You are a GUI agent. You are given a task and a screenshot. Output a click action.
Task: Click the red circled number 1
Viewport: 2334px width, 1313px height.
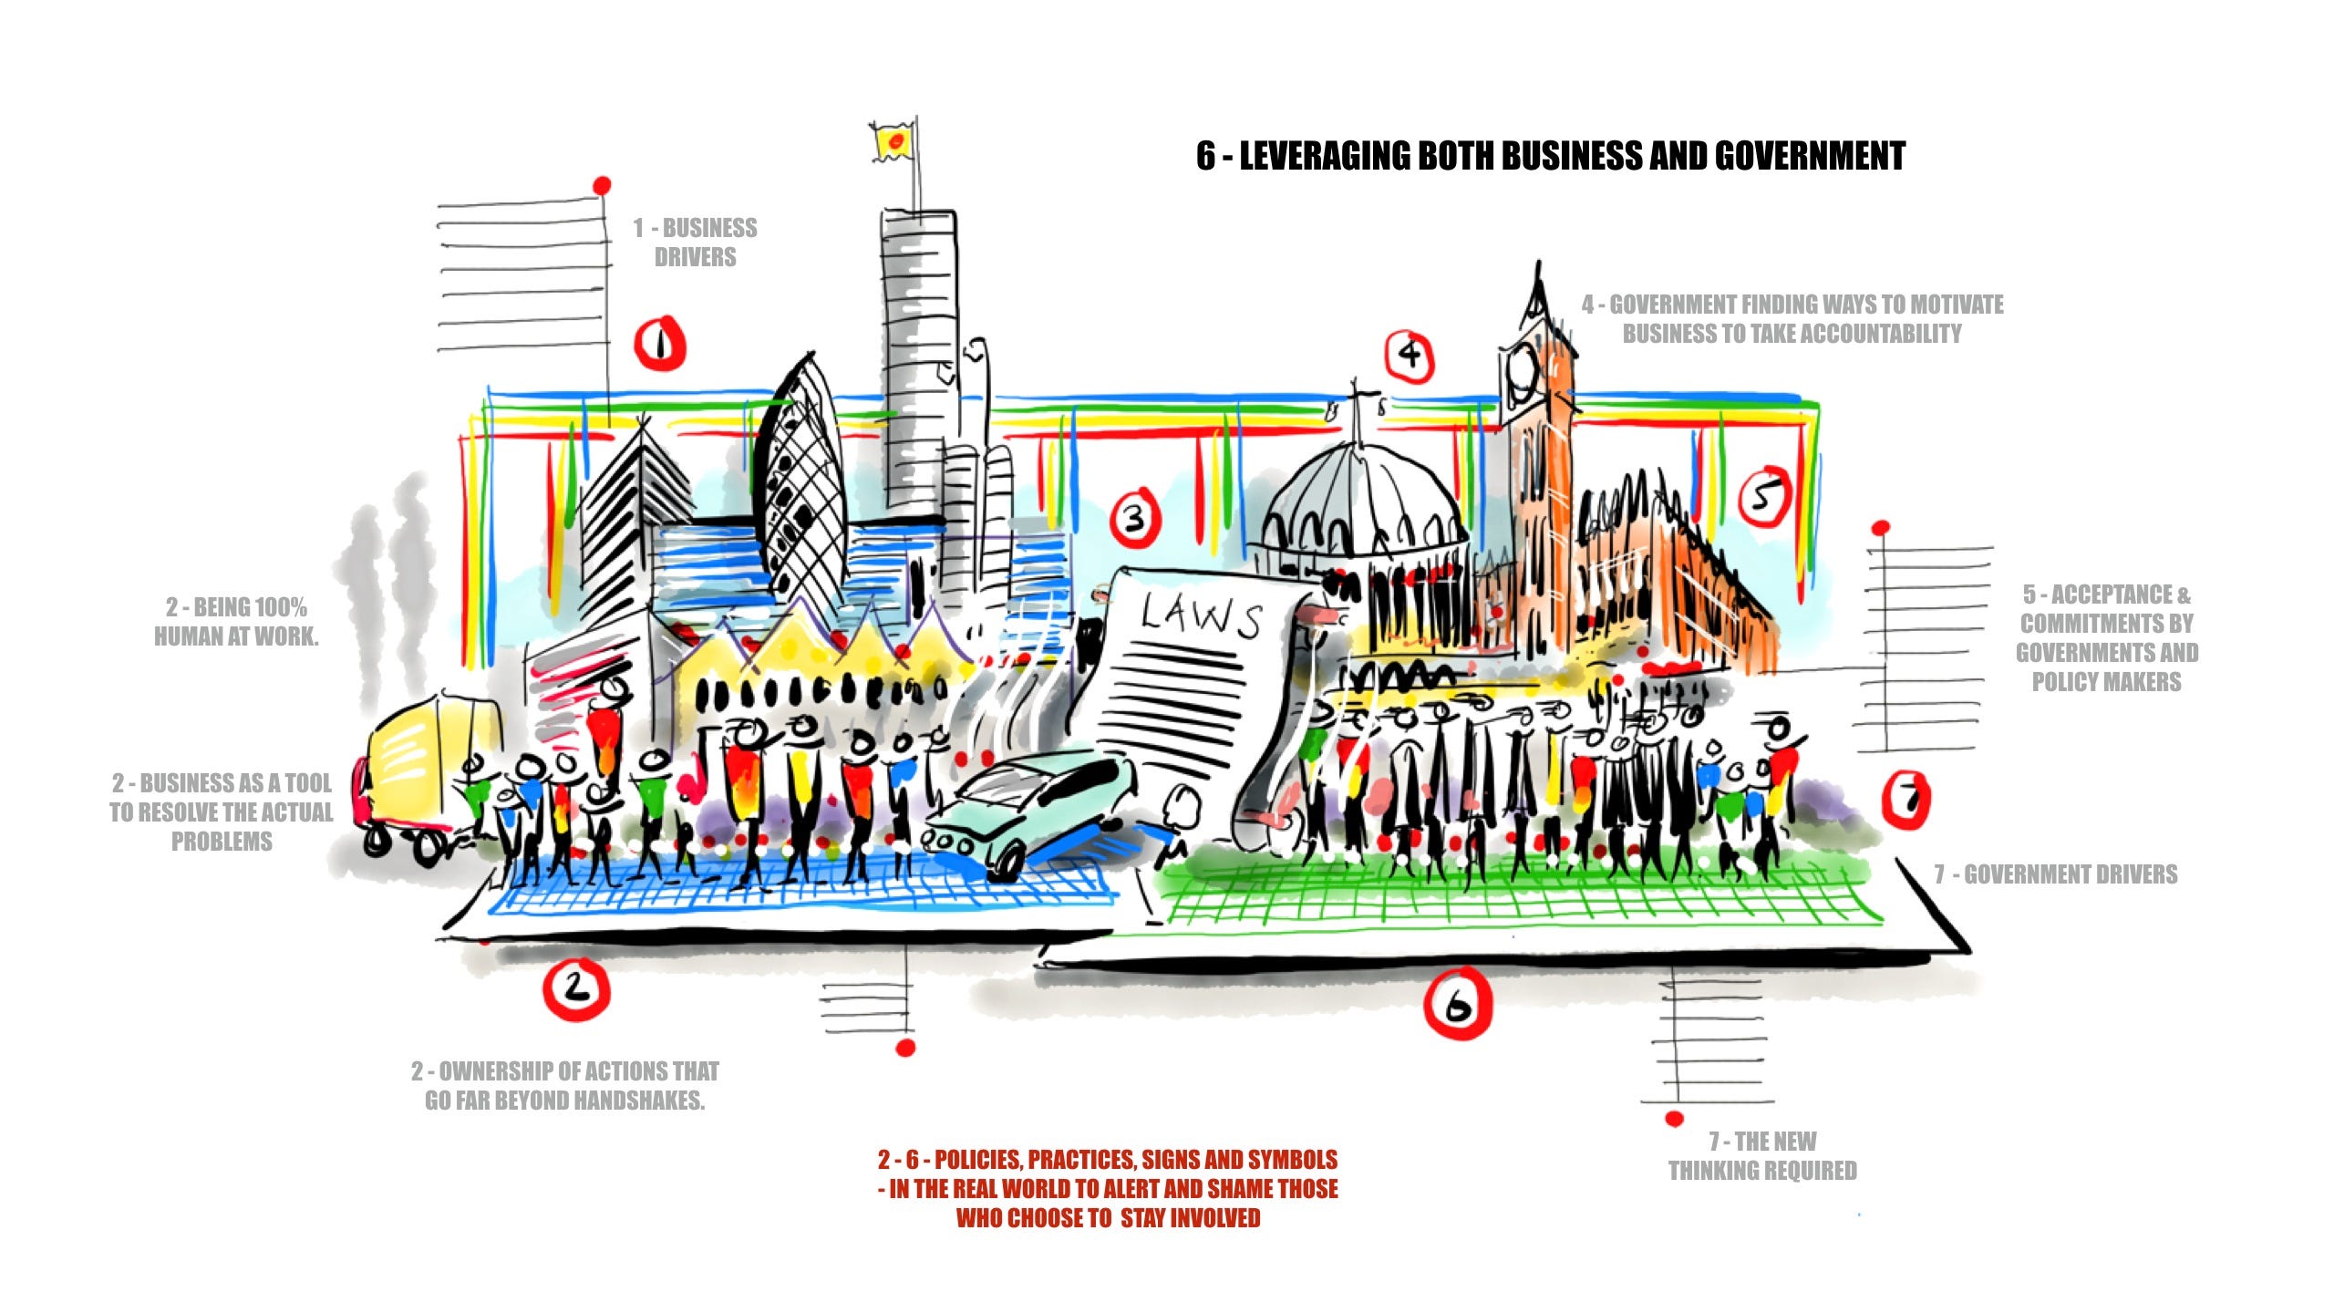click(x=659, y=344)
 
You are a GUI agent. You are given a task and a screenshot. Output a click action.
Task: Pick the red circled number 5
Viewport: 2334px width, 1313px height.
click(x=1764, y=497)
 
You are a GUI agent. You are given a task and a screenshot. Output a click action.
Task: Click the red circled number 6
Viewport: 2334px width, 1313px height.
click(x=1458, y=1004)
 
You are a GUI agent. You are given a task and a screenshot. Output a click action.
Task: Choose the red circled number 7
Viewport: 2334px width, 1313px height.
click(x=1906, y=800)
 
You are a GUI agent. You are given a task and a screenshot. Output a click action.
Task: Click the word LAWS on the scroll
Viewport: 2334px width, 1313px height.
click(x=1201, y=615)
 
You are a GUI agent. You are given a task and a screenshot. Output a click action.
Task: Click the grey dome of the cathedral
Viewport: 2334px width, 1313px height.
click(x=1358, y=501)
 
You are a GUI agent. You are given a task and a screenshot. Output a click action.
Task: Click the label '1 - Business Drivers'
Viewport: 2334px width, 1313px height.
click(x=696, y=242)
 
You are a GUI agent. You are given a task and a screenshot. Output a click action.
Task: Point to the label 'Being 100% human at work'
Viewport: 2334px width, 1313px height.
click(x=236, y=622)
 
